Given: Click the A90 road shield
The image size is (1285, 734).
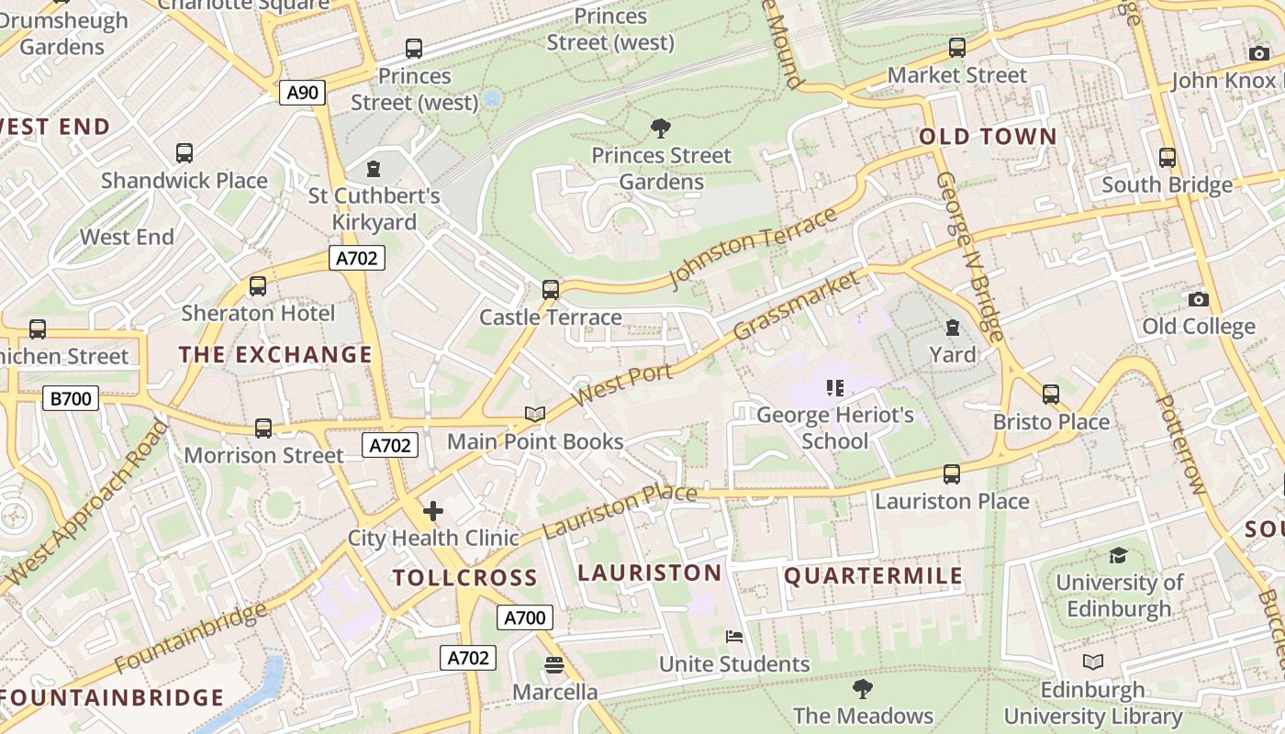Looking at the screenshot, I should [x=302, y=93].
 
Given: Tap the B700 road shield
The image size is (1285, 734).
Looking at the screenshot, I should [x=71, y=398].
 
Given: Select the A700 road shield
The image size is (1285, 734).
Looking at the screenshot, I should [x=525, y=617].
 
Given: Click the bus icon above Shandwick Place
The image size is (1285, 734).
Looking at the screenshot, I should [x=184, y=153].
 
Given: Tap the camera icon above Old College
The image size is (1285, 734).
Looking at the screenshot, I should [x=1198, y=299].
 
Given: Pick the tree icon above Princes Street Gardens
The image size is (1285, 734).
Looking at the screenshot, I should [x=660, y=128].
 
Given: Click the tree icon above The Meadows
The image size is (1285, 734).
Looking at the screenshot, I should [x=862, y=688].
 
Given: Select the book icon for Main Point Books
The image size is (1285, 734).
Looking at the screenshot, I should [x=535, y=415].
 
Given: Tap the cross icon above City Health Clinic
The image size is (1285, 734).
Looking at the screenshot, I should [x=433, y=511].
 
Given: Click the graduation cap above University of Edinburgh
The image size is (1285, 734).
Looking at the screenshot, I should [x=1118, y=555].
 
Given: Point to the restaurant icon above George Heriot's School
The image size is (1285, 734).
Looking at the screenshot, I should [x=834, y=388].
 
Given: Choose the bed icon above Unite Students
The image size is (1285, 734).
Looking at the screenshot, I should [x=734, y=637].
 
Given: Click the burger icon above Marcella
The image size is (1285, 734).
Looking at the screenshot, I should [x=554, y=665].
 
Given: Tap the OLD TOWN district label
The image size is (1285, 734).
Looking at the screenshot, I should [x=988, y=138].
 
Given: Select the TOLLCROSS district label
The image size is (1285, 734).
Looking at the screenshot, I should [x=464, y=578].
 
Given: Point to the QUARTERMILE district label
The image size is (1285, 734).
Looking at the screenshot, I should [x=873, y=576].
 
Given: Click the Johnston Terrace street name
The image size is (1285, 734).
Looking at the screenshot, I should [x=754, y=247].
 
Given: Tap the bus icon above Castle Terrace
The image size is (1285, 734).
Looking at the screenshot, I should [x=550, y=290].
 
